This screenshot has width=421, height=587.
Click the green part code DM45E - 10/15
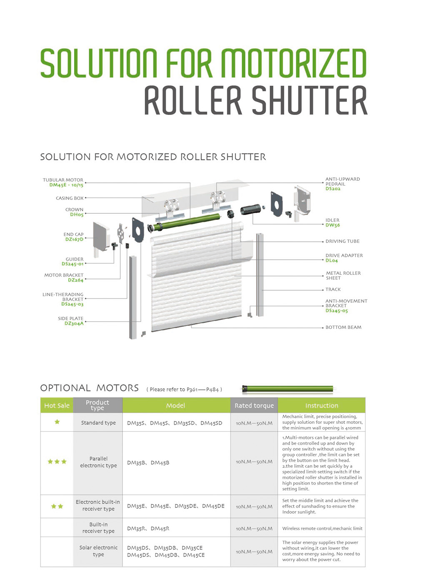pyautogui.click(x=66, y=185)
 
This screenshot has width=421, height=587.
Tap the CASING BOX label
pyautogui.click(x=70, y=198)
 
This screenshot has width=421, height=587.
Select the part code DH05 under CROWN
pyautogui.click(x=77, y=215)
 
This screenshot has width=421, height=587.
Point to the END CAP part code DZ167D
pyautogui.click(x=74, y=239)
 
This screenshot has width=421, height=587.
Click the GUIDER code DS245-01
pyautogui.click(x=73, y=264)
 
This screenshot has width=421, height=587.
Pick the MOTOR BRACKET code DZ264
pyautogui.click(x=75, y=280)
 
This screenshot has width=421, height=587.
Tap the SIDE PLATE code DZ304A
pyautogui.click(x=74, y=323)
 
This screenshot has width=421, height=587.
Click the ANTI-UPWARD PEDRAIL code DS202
pyautogui.click(x=333, y=189)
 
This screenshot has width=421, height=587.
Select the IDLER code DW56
pyautogui.click(x=333, y=225)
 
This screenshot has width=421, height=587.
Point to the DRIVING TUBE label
pyautogui.click(x=342, y=241)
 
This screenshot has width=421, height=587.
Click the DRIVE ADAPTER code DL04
pyautogui.click(x=331, y=261)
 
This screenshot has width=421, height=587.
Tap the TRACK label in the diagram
pyautogui.click(x=333, y=290)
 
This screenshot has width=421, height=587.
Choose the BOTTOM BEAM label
pyautogui.click(x=343, y=327)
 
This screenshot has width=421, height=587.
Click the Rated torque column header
pyautogui.click(x=254, y=405)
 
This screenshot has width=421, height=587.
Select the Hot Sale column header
pyautogui.click(x=57, y=405)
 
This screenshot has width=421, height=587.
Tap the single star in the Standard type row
pyautogui.click(x=57, y=422)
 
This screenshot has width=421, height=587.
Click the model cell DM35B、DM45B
pyautogui.click(x=148, y=463)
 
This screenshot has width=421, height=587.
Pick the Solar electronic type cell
pyautogui.click(x=98, y=551)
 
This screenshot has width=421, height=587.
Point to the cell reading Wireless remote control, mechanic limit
pyautogui.click(x=322, y=528)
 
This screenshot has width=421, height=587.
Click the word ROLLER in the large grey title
pyautogui.click(x=193, y=100)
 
